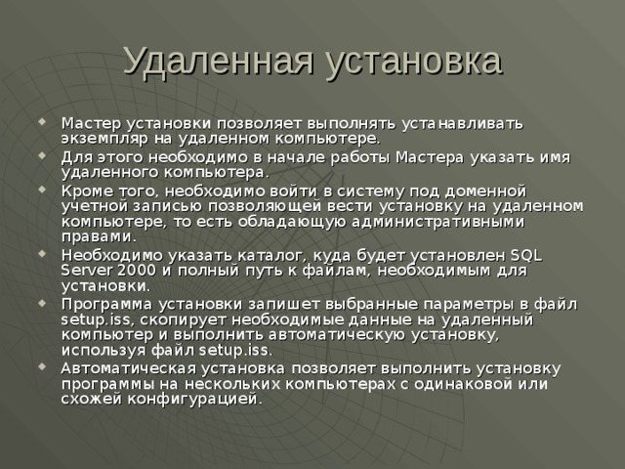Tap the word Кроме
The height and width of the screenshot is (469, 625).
click(x=85, y=190)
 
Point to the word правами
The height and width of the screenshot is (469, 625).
click(x=95, y=236)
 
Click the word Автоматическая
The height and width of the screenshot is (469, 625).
click(x=128, y=367)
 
